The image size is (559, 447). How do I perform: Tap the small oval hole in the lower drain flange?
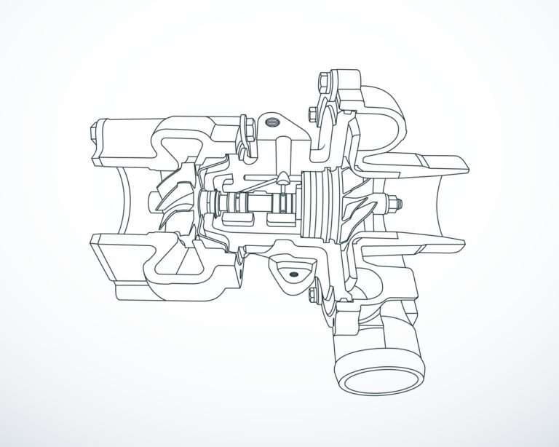(x=293, y=274)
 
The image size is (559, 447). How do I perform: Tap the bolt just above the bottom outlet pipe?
(x=312, y=295)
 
